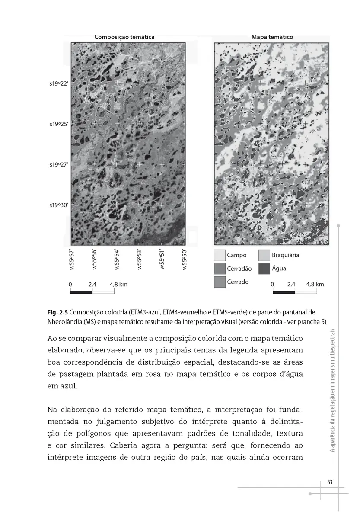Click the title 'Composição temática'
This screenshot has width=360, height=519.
coord(124,37)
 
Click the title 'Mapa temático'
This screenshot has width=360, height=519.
coord(272,37)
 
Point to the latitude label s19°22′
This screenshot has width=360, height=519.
coord(59,83)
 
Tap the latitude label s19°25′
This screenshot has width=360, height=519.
coord(59,124)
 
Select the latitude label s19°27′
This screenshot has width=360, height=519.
coord(59,165)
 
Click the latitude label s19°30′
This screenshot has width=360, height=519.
coord(59,205)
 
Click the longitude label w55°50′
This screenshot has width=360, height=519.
coord(184,259)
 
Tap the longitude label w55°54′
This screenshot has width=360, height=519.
coord(117,259)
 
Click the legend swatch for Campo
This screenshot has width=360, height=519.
coord(220,255)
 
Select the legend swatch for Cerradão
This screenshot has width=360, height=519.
coord(220,269)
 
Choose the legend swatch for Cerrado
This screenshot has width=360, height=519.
coord(220,282)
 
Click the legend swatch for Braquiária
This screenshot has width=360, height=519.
coord(264,255)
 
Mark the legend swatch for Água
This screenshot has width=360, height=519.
coord(264,269)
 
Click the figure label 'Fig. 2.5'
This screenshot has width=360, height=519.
coord(57,312)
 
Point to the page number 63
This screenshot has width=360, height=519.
coord(330,482)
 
